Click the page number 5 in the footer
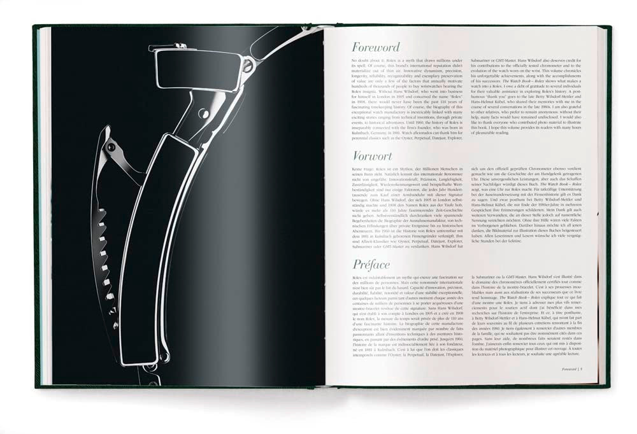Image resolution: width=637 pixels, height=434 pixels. coord(590,369)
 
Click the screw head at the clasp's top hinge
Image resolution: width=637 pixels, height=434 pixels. coord(248,65)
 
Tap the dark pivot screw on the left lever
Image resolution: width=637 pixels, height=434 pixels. coord(111,147)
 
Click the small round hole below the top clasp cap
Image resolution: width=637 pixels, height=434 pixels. coord(204,113)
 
